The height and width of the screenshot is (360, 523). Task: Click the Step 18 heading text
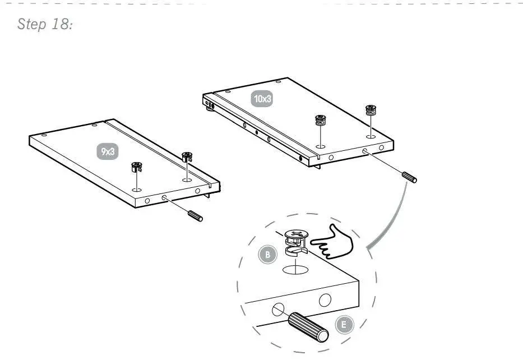[x=45, y=24]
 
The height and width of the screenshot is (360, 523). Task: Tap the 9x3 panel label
[x=108, y=151]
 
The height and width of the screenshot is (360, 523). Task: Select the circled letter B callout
[x=268, y=255]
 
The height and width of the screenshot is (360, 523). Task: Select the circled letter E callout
[x=344, y=324]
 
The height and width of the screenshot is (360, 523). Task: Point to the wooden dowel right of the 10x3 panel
[x=409, y=177]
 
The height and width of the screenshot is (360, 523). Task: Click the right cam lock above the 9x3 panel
[x=187, y=156]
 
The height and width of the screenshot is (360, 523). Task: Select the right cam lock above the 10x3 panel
[x=370, y=109]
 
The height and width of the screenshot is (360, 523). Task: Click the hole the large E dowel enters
[x=277, y=309]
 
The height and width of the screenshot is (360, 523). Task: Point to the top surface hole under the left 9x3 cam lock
[x=136, y=190]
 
